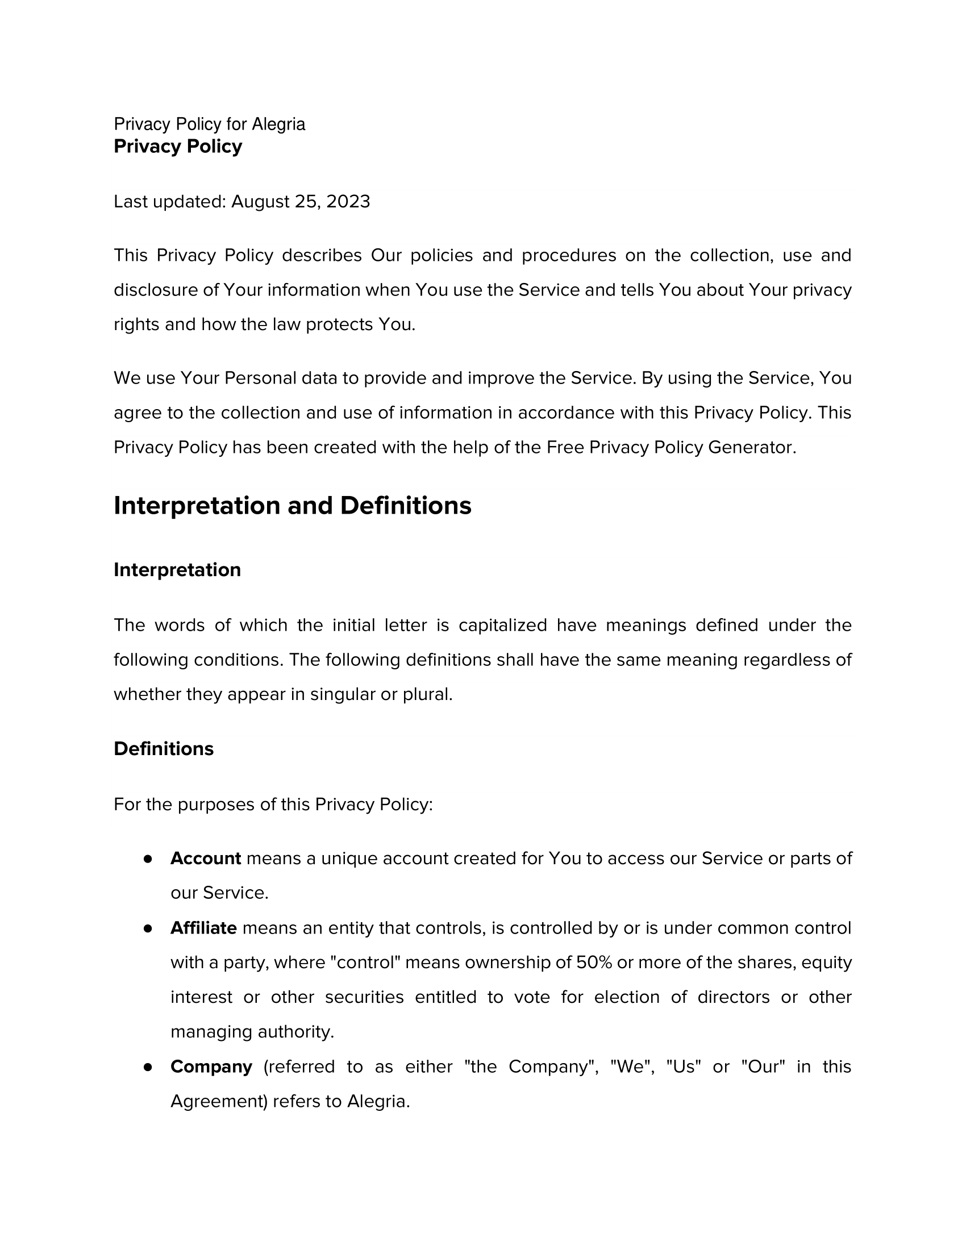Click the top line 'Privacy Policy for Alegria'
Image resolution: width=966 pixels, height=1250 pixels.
pos(209,124)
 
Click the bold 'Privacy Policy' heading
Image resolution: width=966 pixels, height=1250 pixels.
pos(177,147)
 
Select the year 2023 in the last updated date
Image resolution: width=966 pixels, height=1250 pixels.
pos(348,202)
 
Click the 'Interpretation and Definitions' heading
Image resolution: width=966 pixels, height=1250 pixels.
pos(292,506)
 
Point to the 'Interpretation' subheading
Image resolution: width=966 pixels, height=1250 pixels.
pos(177,570)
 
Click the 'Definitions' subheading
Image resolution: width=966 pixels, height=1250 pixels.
pos(163,749)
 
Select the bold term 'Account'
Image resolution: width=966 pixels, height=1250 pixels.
pos(206,859)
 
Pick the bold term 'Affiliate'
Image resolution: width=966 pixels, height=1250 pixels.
pos(203,928)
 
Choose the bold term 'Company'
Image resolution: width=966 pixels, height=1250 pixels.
pos(211,1067)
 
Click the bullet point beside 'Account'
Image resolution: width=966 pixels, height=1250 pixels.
pos(148,859)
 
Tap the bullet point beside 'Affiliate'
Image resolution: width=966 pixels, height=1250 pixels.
pos(148,928)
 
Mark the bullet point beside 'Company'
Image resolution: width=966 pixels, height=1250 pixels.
pos(148,1068)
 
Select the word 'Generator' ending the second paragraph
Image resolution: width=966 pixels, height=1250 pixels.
pos(751,447)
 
